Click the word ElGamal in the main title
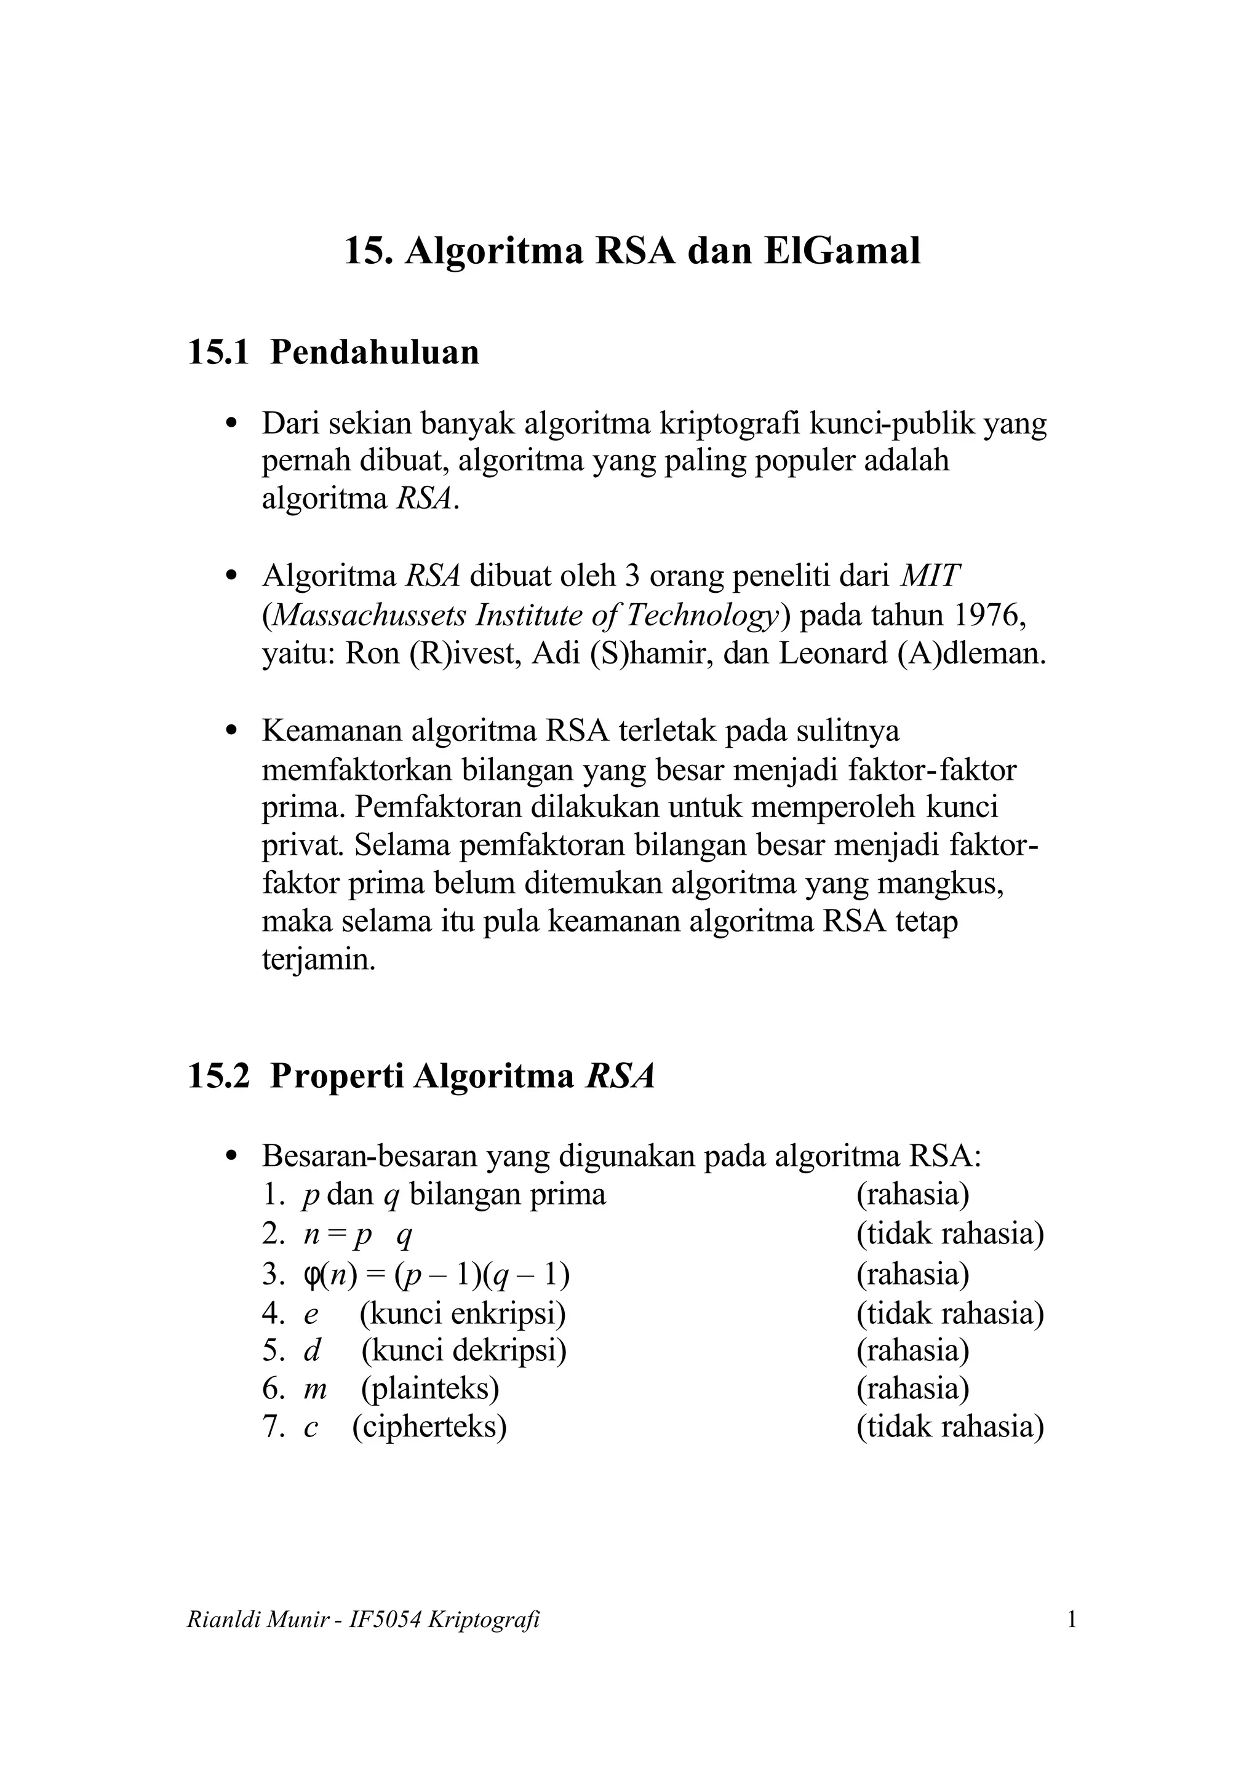(842, 251)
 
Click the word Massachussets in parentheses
(370, 616)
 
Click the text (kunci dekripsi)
(463, 1350)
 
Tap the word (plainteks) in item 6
(429, 1388)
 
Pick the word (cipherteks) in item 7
(429, 1427)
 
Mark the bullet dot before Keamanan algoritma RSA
(230, 731)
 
